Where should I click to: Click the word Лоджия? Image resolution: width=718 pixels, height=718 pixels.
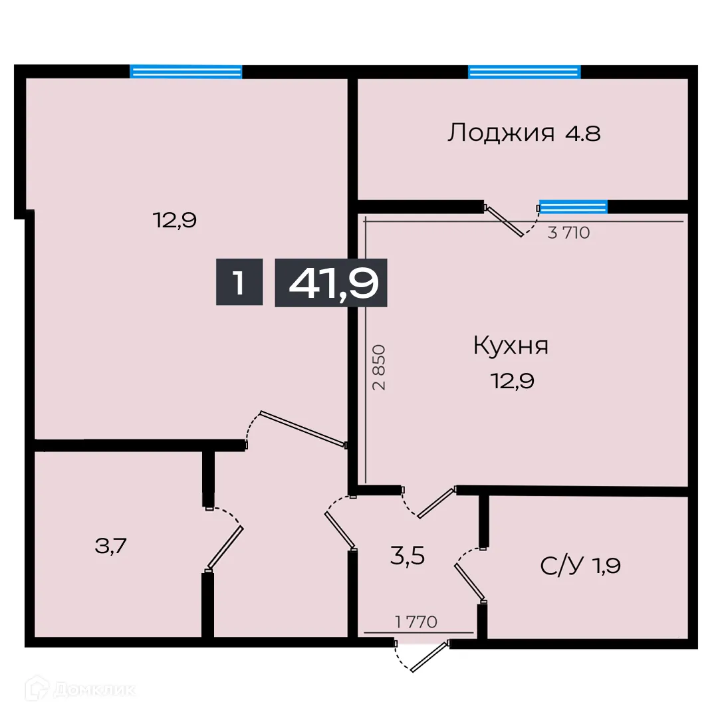tap(501, 133)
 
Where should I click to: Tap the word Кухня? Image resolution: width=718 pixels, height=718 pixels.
tap(511, 346)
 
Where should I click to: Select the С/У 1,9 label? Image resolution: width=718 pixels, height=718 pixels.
tap(581, 566)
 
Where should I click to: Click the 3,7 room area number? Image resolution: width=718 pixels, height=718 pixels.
tap(111, 546)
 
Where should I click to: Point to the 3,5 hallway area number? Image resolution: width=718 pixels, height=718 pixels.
tap(407, 555)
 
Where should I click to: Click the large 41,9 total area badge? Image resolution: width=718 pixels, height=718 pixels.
tap(331, 283)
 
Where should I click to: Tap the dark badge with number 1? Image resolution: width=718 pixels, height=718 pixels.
tap(239, 283)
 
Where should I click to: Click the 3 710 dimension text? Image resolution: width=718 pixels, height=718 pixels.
tap(568, 233)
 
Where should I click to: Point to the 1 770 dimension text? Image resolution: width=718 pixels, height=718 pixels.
tap(416, 622)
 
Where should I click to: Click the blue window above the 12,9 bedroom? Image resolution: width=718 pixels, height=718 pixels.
tap(185, 72)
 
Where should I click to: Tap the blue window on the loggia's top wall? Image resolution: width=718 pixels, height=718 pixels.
tap(524, 72)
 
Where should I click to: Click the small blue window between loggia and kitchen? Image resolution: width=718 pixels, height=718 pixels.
tap(573, 207)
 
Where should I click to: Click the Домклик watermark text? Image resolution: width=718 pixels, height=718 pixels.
tap(93, 690)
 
